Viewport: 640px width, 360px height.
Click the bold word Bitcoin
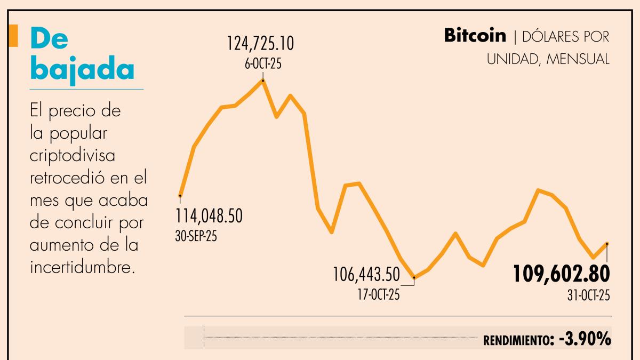pos(475,36)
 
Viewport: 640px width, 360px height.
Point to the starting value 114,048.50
pos(210,216)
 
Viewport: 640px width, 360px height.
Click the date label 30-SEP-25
pos(196,236)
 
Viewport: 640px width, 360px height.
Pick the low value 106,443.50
pos(366,275)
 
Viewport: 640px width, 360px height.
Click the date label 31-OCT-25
pos(588,297)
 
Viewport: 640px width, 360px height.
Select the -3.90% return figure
pos(585,339)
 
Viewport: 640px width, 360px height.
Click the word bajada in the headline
pos(82,68)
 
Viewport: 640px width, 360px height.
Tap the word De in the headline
pos(50,40)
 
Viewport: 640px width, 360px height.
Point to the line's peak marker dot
pos(263,81)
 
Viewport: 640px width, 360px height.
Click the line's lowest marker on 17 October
pos(414,277)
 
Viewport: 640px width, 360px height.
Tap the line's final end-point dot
pos(607,244)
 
